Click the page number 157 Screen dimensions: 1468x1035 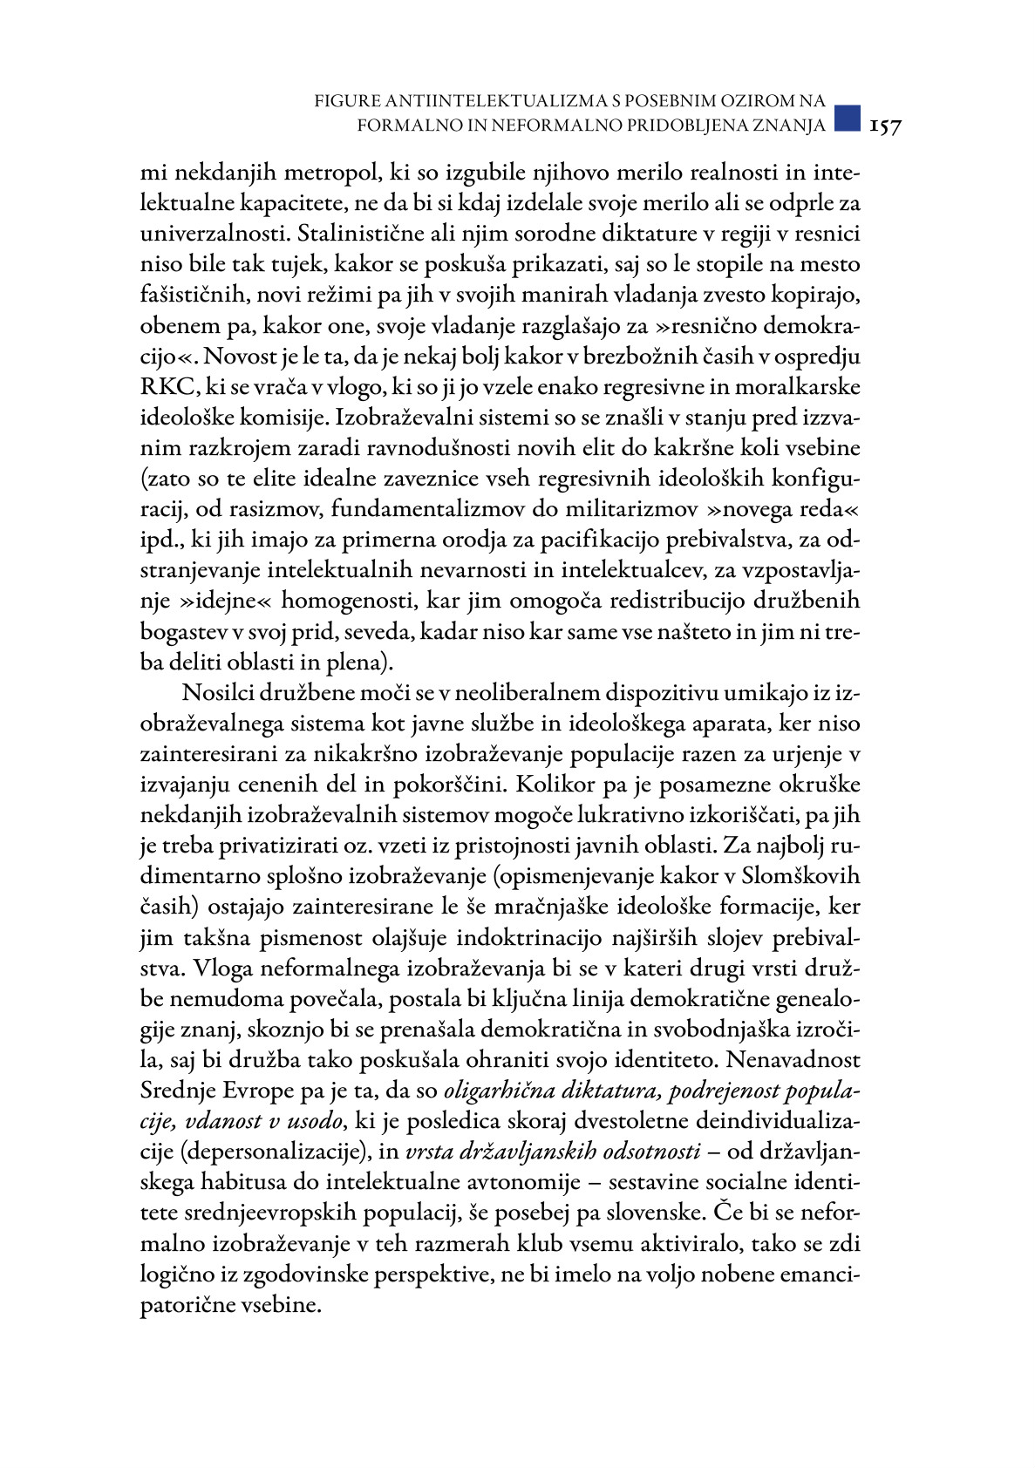pos(884,126)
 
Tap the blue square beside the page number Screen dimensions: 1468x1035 pos(847,118)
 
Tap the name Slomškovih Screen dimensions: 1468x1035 pos(797,876)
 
